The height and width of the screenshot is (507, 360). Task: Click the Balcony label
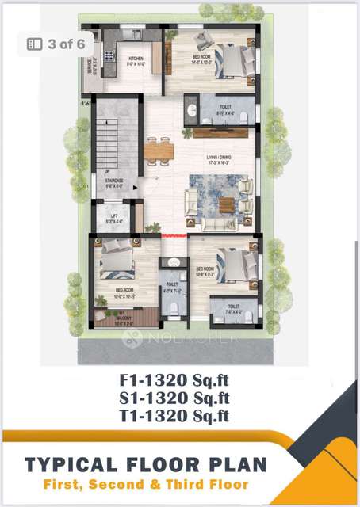[x=121, y=321]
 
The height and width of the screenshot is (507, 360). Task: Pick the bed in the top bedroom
[x=230, y=62]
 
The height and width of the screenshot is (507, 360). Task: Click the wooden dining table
[x=159, y=150]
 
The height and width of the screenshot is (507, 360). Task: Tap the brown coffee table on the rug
[x=228, y=204]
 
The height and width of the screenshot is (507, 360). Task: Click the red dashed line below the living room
[x=174, y=235]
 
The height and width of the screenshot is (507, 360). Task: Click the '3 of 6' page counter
[x=57, y=44]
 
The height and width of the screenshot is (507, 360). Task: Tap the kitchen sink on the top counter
[x=136, y=35]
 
